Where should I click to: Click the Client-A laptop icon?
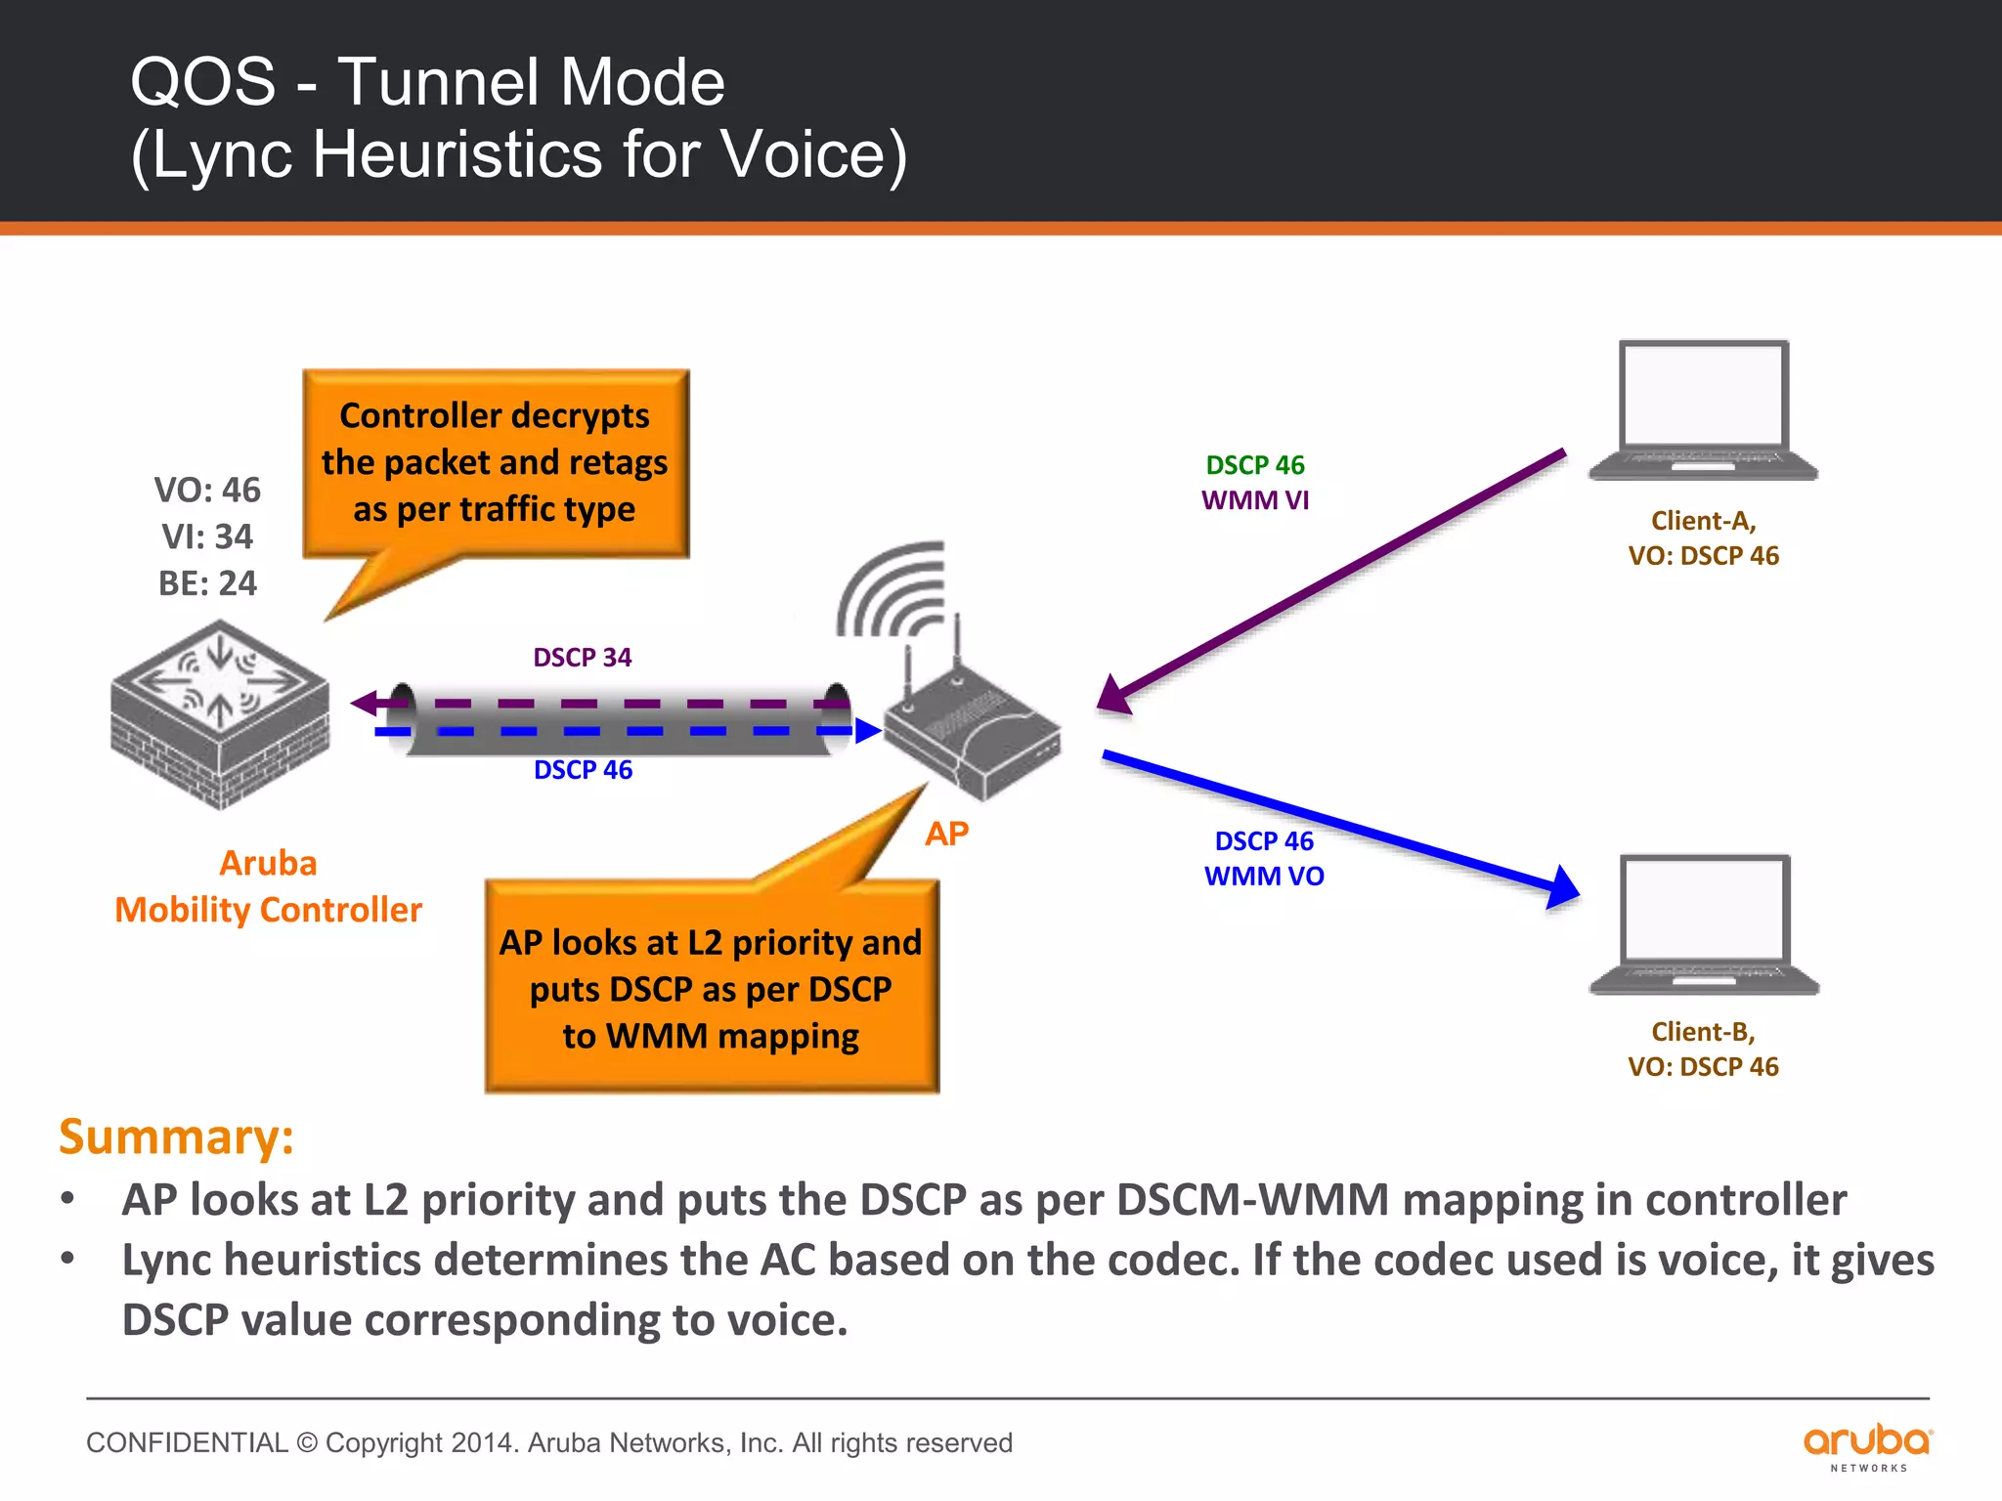point(1703,410)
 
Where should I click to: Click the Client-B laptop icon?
point(1704,924)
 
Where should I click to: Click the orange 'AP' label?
point(946,834)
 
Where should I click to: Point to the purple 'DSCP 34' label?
point(583,658)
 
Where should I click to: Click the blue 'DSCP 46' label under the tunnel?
point(583,770)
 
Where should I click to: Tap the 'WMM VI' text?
point(1255,500)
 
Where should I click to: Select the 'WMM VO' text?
point(1264,877)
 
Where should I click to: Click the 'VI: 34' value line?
point(207,536)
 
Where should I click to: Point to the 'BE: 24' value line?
point(207,583)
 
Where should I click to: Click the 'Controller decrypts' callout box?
point(496,463)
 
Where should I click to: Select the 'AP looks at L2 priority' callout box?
point(711,988)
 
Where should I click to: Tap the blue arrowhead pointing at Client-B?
point(1561,887)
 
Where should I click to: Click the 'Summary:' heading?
point(176,1136)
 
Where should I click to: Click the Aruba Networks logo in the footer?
point(1867,1445)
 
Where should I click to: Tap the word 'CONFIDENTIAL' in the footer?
point(187,1442)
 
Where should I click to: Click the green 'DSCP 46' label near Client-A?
point(1255,465)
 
